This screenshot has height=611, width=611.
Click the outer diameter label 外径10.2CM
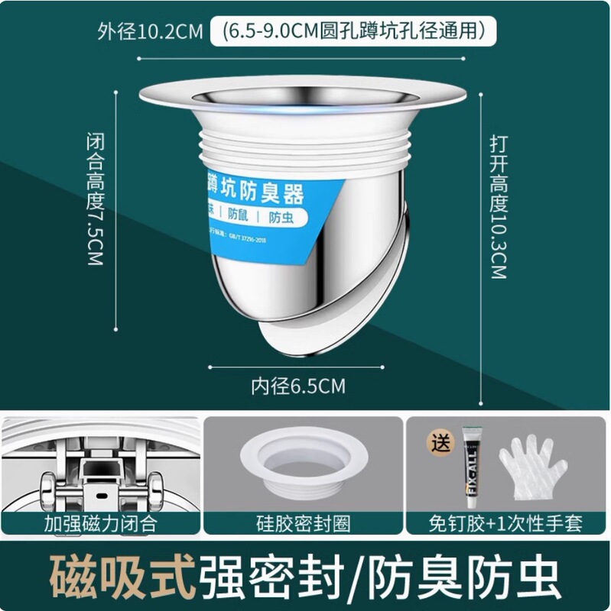pyautogui.click(x=149, y=33)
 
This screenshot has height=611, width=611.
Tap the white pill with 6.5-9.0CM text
pyautogui.click(x=354, y=32)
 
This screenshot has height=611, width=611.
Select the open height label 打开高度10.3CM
pyautogui.click(x=498, y=206)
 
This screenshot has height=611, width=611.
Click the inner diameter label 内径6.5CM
pyautogui.click(x=298, y=386)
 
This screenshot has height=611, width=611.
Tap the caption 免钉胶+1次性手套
pyautogui.click(x=505, y=523)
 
